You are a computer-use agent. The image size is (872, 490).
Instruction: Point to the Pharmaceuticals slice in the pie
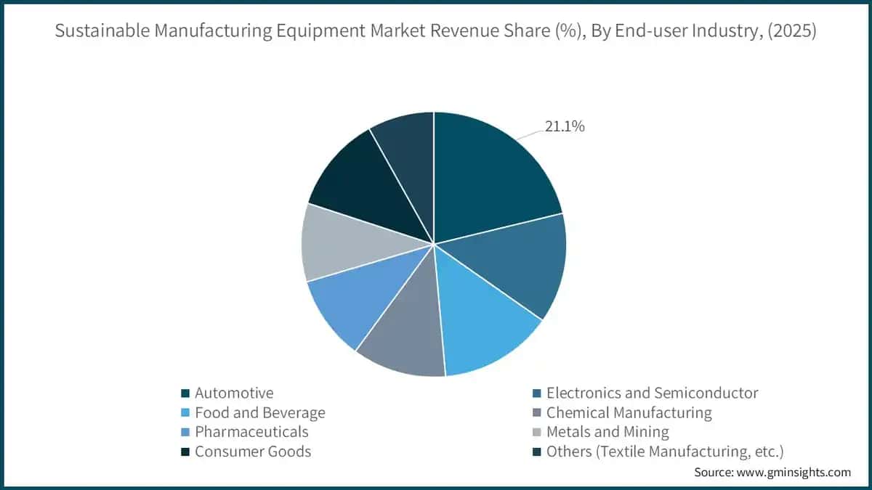click(362, 295)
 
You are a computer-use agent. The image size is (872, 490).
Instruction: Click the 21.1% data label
click(565, 126)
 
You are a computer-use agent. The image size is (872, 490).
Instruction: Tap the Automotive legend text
click(234, 393)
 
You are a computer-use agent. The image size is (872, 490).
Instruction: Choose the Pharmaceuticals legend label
click(251, 432)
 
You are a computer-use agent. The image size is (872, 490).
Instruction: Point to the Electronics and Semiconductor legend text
click(652, 393)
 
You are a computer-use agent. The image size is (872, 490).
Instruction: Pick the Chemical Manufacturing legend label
click(629, 412)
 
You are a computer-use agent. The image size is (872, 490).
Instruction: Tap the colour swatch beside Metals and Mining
click(537, 432)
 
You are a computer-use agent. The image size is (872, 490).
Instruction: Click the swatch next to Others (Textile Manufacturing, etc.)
click(537, 452)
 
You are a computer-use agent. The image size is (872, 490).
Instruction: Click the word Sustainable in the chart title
click(102, 30)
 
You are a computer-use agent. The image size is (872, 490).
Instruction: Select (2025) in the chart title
click(792, 30)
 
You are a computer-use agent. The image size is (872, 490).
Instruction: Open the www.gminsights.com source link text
click(794, 473)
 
